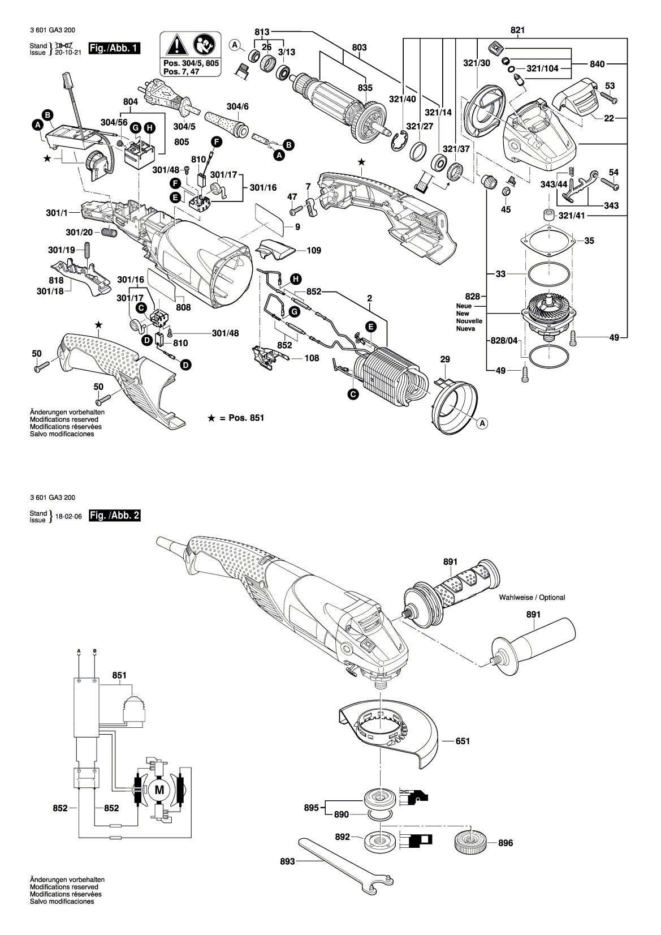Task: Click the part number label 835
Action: [x=365, y=88]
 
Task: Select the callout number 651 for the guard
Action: [x=463, y=741]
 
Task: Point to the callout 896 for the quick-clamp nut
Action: [x=506, y=843]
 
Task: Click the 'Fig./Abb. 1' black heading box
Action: [x=115, y=48]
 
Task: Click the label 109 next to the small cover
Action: [x=314, y=250]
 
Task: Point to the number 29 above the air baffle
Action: [x=445, y=359]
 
